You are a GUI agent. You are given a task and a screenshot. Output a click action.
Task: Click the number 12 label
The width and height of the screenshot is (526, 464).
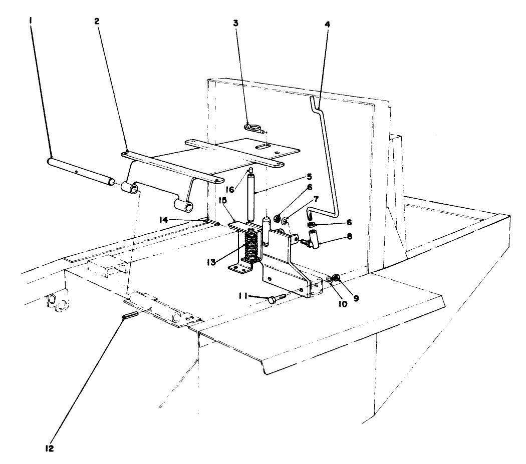coord(49,447)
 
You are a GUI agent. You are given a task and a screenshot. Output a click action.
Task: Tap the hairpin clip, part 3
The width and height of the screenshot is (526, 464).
coord(252,128)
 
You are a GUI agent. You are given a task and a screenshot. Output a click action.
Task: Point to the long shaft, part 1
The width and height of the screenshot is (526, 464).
coord(80,170)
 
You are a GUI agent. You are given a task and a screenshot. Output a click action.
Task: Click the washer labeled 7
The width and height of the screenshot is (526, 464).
coord(285,220)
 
